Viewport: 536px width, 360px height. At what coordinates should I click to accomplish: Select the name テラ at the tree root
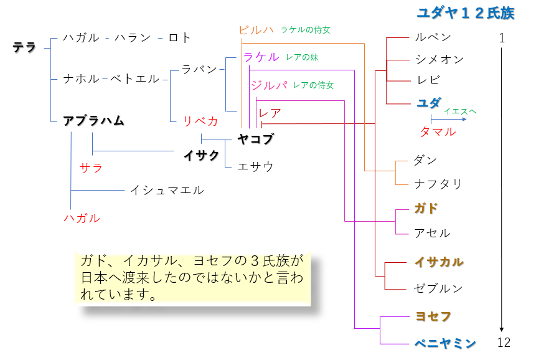(x=25, y=47)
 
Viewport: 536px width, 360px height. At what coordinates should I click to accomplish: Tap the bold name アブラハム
(x=93, y=120)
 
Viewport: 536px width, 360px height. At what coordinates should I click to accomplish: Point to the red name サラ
(x=91, y=168)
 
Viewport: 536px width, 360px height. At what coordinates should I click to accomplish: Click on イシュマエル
(x=167, y=190)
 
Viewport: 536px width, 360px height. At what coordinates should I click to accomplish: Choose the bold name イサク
(x=201, y=155)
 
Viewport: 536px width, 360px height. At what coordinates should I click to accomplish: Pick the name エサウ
(x=256, y=166)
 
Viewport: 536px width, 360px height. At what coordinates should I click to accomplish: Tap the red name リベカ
(x=200, y=121)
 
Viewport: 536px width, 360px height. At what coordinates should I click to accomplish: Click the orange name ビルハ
(x=256, y=30)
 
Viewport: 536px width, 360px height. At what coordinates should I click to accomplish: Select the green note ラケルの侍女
(x=306, y=29)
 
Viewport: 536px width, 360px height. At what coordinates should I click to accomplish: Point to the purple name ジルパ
(x=268, y=85)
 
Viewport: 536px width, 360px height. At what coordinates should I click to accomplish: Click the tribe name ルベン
(x=433, y=37)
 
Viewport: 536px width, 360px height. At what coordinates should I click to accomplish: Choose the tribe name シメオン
(x=439, y=59)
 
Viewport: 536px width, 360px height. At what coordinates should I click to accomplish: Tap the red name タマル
(x=438, y=131)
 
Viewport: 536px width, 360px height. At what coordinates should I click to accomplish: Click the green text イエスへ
(x=461, y=111)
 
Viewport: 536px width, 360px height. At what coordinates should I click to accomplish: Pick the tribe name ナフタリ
(x=438, y=183)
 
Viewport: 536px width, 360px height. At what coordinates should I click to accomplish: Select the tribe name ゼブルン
(x=438, y=288)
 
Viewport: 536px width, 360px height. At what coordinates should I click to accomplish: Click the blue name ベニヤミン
(x=445, y=343)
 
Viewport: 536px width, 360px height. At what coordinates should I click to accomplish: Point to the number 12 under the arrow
(x=504, y=343)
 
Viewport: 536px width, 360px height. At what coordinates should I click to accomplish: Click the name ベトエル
(x=135, y=79)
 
